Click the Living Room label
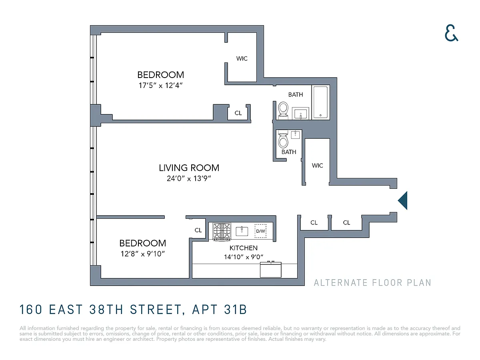coord(189,168)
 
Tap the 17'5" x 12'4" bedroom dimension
coord(160,85)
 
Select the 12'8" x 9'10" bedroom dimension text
coord(142,254)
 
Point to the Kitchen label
coord(243,248)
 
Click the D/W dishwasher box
coord(260,231)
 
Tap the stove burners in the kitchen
coord(222,231)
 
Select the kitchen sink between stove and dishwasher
coord(242,231)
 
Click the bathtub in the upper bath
coord(320,102)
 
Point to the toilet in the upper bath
coord(283,110)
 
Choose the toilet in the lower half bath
coord(283,140)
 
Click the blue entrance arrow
coord(402,200)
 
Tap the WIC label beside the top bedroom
coord(242,58)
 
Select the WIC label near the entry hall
coord(317,166)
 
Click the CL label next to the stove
coord(198,230)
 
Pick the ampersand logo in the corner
coord(451,33)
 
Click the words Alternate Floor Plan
coord(372,283)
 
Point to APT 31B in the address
coord(220,310)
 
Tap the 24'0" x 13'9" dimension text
coord(189,178)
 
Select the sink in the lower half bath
coord(296,135)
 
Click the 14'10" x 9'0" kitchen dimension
coord(243,257)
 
